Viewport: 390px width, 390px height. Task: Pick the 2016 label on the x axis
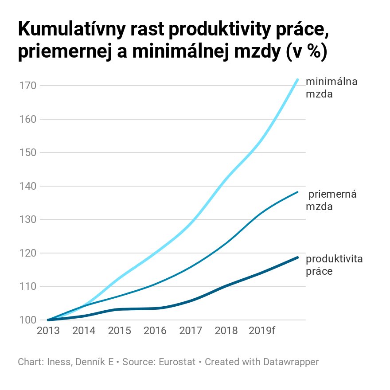(155, 331)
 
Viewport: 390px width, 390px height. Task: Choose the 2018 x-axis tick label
(226, 331)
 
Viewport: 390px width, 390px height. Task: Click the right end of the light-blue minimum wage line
(297, 80)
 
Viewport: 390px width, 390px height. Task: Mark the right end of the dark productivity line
(297, 257)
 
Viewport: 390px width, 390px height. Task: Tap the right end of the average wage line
(297, 192)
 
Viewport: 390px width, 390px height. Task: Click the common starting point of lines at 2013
(48, 320)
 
